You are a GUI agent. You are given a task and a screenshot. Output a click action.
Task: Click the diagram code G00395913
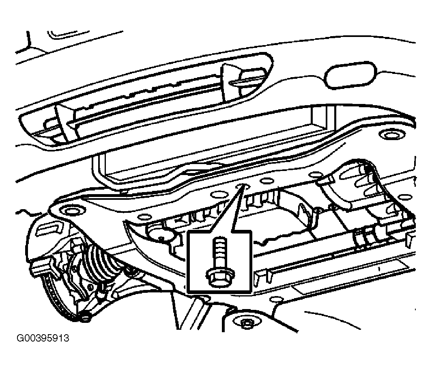[x=43, y=338]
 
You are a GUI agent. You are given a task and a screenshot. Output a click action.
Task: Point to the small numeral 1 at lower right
[x=379, y=268]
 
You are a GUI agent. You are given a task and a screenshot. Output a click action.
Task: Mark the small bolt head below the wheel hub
[x=86, y=317]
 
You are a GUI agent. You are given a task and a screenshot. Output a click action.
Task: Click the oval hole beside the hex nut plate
[x=276, y=299]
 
